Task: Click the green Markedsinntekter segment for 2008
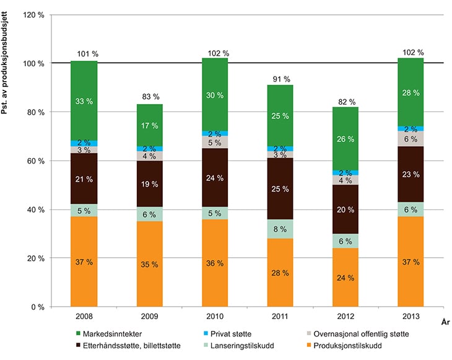[x=84, y=101]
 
